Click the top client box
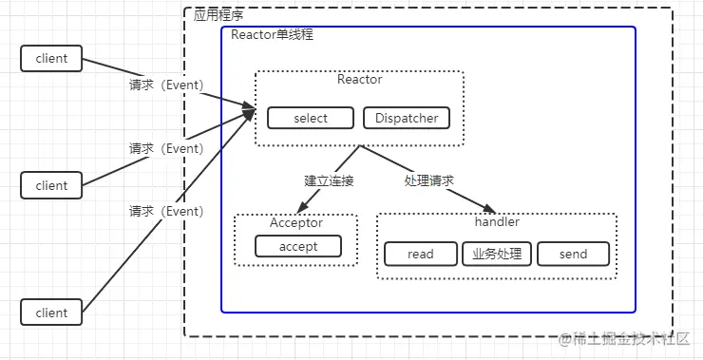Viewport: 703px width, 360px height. (51, 58)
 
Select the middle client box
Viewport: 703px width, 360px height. (51, 185)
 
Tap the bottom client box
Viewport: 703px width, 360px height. (51, 313)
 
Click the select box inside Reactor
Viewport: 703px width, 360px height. (311, 118)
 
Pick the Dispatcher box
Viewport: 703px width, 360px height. (407, 118)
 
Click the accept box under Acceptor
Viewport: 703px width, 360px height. (297, 246)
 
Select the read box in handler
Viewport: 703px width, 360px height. (420, 254)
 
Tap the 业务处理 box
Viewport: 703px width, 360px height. (497, 254)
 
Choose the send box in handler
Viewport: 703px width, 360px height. (573, 254)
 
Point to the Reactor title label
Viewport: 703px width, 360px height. (359, 80)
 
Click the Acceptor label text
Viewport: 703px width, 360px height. (295, 223)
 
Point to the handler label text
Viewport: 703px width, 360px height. (496, 222)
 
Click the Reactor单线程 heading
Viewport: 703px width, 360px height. (272, 34)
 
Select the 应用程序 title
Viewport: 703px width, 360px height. (218, 15)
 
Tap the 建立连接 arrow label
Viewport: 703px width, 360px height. (329, 180)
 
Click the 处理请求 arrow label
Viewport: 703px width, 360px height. (428, 180)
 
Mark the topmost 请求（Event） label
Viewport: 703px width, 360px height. (166, 85)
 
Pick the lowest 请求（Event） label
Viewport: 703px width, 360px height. (166, 211)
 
